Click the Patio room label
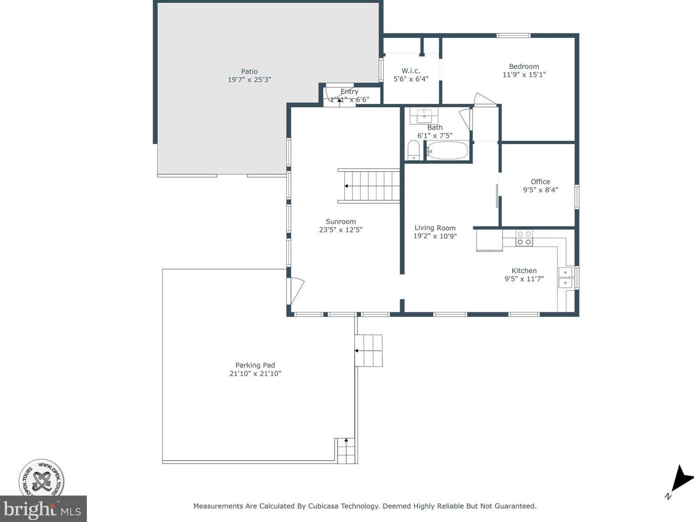(x=249, y=72)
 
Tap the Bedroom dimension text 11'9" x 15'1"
(x=524, y=75)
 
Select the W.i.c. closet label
(x=410, y=71)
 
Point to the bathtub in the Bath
(x=447, y=151)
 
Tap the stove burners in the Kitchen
(x=524, y=238)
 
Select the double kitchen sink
(x=565, y=278)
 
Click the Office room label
(x=540, y=181)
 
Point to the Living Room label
(x=435, y=228)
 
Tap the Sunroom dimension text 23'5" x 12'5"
(x=341, y=230)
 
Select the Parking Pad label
(x=255, y=365)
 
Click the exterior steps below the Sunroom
(x=369, y=351)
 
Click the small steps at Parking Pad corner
(x=346, y=450)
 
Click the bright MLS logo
(x=43, y=509)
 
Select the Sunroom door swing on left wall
(x=296, y=290)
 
